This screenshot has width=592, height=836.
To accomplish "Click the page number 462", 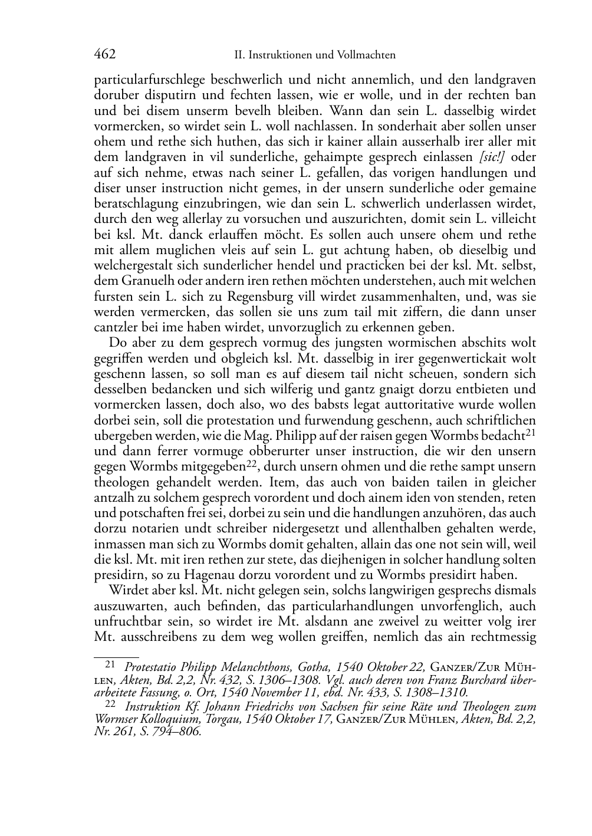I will (104, 55).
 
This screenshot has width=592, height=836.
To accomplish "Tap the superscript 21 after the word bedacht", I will (531, 433).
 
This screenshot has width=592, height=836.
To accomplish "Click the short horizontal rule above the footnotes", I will (116, 654).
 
